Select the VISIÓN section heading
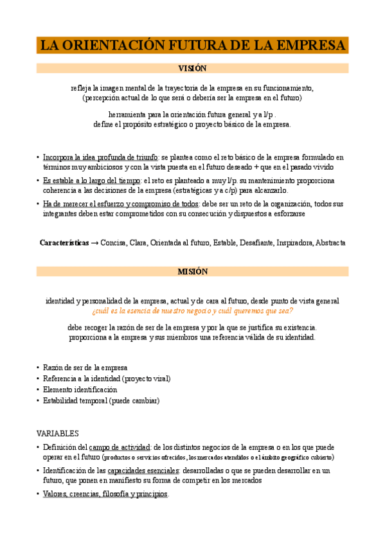(192, 68)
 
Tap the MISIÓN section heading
(192, 272)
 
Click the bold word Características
(64, 243)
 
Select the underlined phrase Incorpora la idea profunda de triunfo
(100, 157)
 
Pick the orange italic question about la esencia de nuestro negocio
(192, 310)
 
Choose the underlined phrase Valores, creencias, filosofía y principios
(105, 494)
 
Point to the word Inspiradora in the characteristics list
(293, 243)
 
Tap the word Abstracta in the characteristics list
(330, 243)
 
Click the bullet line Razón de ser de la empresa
(85, 367)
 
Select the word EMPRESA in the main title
(305, 46)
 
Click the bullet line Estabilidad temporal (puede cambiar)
(101, 400)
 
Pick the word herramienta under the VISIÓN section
(127, 114)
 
